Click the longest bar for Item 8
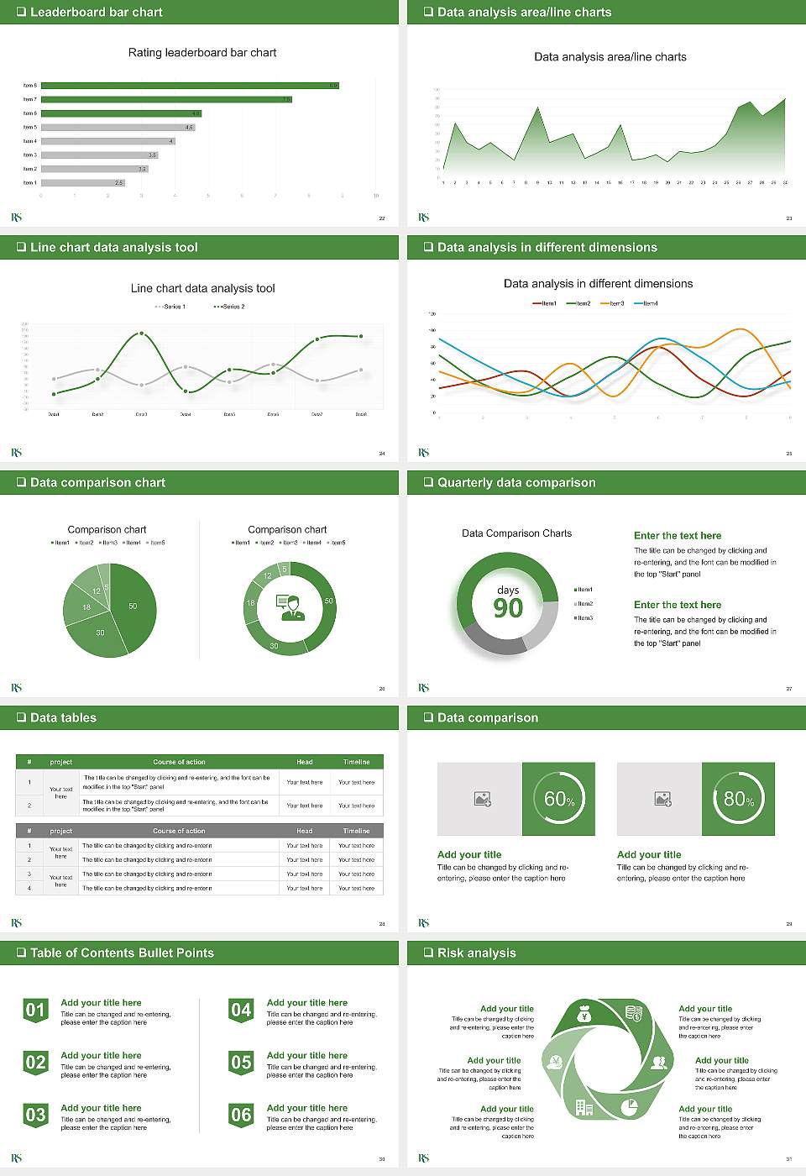coord(190,86)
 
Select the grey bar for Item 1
coord(83,182)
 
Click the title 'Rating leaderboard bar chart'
coord(202,53)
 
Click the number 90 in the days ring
coord(508,608)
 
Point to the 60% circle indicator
coord(559,799)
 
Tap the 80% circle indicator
coord(739,799)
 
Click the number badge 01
coord(35,1011)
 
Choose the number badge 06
coord(241,1116)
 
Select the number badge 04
coord(241,1011)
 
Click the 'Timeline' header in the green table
coord(356,762)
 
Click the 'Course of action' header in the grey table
coord(179,831)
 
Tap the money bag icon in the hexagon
coord(585,1016)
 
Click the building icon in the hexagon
coord(584,1107)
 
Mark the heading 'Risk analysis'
coord(477,953)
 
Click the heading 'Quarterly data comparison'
coord(516,483)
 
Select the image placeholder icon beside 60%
coord(482,799)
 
